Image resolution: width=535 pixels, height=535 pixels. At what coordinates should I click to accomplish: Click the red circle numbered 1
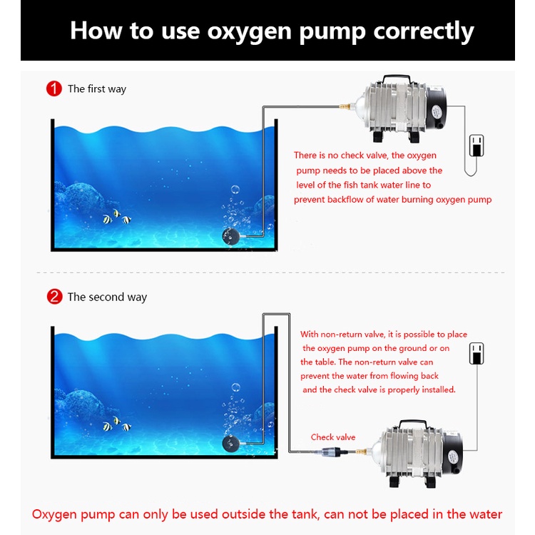click(54, 88)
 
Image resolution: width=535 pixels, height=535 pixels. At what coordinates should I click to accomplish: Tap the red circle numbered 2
click(55, 297)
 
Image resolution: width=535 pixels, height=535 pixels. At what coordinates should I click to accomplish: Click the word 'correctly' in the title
click(424, 31)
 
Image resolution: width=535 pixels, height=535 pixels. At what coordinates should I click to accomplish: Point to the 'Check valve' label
click(333, 437)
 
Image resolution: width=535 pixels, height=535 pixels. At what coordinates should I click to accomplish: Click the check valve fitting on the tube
click(332, 452)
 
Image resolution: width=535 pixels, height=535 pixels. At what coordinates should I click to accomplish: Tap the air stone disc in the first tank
click(231, 236)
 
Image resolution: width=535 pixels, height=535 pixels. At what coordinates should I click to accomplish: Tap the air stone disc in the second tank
click(231, 444)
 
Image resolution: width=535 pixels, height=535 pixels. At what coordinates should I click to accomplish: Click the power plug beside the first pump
click(477, 146)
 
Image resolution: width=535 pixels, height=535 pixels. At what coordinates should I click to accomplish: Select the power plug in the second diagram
click(477, 353)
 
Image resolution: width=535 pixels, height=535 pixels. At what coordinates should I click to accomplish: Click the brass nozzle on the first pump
click(346, 106)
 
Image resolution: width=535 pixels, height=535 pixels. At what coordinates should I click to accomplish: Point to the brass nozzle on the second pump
click(360, 452)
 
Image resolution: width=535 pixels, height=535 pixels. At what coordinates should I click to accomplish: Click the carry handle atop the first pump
click(396, 78)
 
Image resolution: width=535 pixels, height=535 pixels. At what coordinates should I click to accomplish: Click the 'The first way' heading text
click(97, 89)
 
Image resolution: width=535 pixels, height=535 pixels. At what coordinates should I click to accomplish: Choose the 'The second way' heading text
click(107, 297)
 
